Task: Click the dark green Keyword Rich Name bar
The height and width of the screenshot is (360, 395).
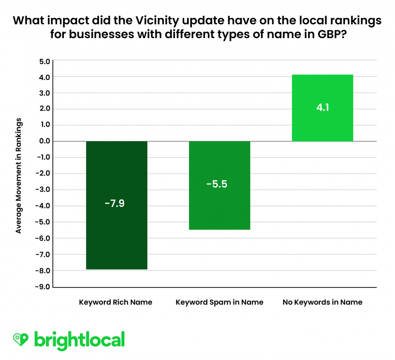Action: tap(117, 205)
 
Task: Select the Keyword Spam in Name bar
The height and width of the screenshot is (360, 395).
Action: tap(220, 185)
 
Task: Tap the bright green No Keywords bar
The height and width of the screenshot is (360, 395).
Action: tap(322, 108)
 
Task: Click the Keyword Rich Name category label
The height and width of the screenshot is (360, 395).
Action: tap(116, 302)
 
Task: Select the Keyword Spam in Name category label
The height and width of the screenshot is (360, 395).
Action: tap(220, 302)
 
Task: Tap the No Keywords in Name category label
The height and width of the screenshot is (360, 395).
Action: tap(322, 302)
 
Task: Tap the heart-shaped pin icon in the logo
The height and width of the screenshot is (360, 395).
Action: tap(21, 340)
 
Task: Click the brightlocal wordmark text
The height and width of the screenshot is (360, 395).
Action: tap(79, 340)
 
